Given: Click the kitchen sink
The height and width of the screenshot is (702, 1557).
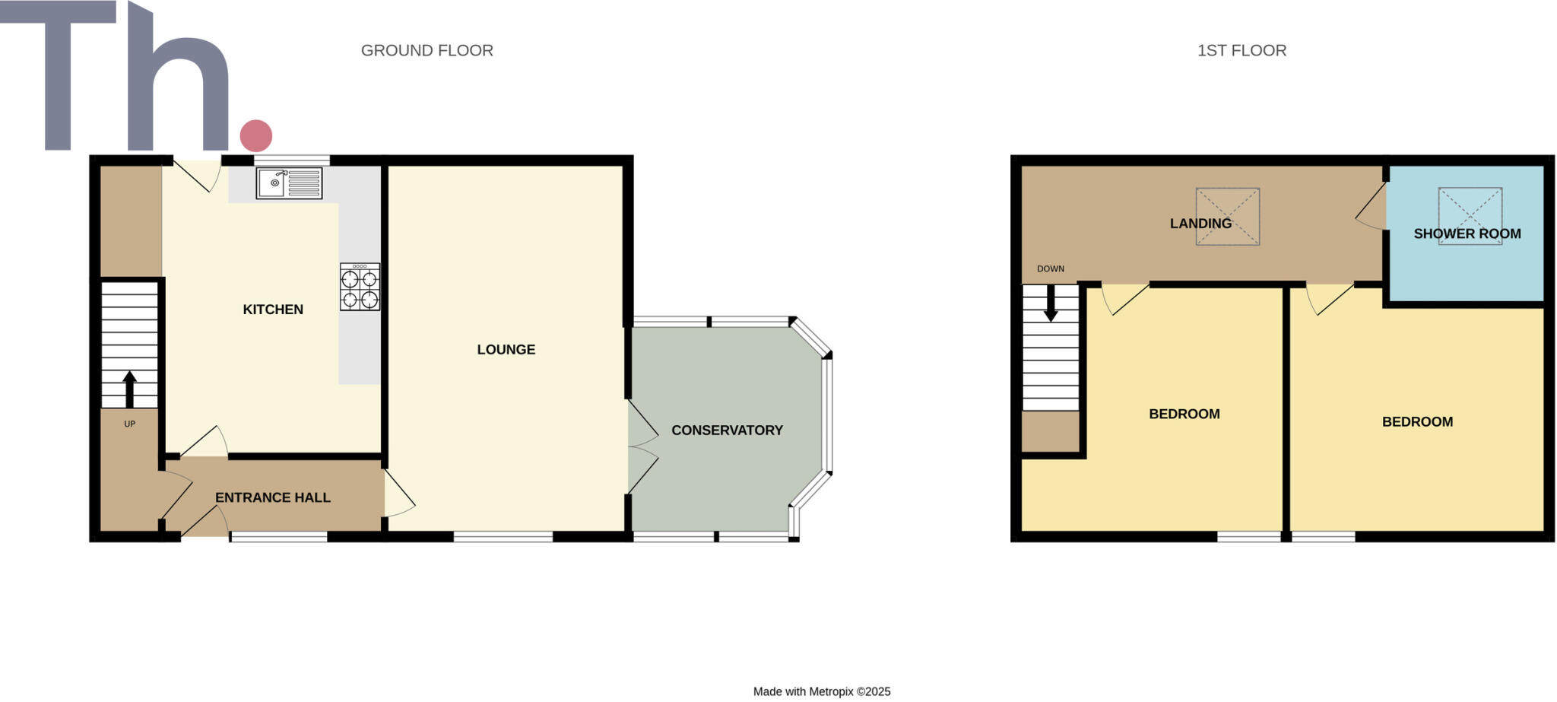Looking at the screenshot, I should point(289,183).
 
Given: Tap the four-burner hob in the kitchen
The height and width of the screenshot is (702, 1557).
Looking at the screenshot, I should point(360,287).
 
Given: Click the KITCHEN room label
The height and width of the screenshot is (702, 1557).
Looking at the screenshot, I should point(273,310).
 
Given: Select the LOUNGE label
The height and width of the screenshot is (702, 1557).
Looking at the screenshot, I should point(506,350).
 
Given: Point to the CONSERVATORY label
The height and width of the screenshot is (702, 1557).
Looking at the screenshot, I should point(727,430).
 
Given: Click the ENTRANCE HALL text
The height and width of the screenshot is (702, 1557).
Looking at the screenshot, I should point(273,498).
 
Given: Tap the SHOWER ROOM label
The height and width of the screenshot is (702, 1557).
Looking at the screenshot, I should point(1467,234).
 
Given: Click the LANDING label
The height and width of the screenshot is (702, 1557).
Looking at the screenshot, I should point(1200,224).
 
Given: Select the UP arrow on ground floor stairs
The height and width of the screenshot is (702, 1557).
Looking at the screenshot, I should point(130,389).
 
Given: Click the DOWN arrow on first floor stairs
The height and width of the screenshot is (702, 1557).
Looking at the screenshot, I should point(1051,303).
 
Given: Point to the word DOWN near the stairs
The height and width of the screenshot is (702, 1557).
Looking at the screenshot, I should point(1051,269).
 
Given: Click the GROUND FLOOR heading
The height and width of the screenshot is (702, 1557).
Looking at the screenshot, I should point(427,51).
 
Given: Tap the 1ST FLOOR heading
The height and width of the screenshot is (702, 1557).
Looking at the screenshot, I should point(1241,51).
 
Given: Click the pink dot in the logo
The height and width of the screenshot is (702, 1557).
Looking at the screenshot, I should point(256,136).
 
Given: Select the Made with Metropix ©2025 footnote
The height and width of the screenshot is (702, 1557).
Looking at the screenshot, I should point(822,692).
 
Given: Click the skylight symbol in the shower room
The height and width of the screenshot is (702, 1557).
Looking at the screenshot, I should point(1470,215).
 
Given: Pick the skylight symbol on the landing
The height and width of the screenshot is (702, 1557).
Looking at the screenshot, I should point(1228,217).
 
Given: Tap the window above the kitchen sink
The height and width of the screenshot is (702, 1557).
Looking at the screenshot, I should point(292,160).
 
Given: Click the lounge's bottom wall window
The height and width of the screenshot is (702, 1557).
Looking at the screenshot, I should point(503,537).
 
